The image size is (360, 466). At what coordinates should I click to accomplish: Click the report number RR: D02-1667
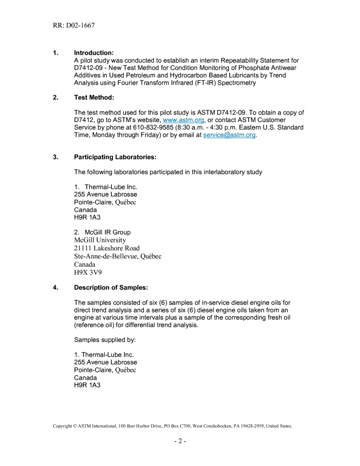74,25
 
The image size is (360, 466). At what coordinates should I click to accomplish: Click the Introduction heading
94,53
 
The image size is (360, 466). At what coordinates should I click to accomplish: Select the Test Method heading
94,97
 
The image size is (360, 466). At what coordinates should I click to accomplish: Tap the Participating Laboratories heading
115,157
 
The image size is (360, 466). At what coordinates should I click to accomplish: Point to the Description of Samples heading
111,288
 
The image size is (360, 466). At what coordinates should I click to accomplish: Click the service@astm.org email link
229,135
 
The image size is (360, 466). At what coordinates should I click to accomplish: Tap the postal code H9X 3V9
88,272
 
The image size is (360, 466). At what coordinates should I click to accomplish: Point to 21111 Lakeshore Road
107,248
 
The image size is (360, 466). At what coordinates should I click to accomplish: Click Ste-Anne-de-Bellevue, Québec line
118,256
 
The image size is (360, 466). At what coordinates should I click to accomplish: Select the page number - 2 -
180,441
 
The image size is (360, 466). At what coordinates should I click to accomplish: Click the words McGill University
100,240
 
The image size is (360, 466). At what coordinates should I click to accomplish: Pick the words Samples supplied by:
105,340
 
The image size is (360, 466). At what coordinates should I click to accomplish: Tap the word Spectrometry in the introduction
236,83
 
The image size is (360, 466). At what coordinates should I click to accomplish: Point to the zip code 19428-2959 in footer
252,426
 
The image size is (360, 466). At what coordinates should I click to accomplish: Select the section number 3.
56,157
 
